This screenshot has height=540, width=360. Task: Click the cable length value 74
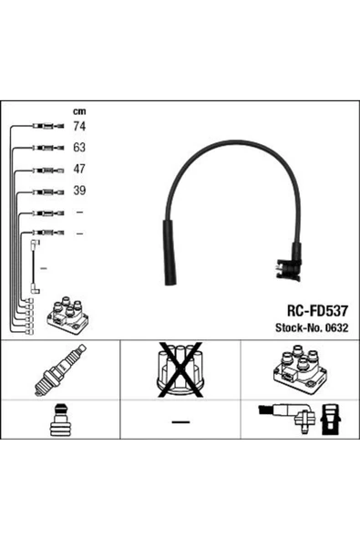pyautogui.click(x=79, y=127)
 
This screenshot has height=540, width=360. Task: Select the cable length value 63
pyautogui.click(x=79, y=148)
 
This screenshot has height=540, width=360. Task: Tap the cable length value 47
pyautogui.click(x=79, y=169)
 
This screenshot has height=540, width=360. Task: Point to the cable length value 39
pyautogui.click(x=79, y=191)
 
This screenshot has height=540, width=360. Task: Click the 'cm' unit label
pyautogui.click(x=79, y=111)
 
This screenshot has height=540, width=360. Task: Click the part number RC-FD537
pyautogui.click(x=318, y=311)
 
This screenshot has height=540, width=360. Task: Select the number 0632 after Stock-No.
pyautogui.click(x=337, y=327)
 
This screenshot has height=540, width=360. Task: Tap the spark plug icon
pyautogui.click(x=60, y=370)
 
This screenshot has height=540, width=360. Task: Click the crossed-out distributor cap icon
pyautogui.click(x=180, y=369)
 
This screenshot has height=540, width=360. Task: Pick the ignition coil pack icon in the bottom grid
pyautogui.click(x=300, y=370)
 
